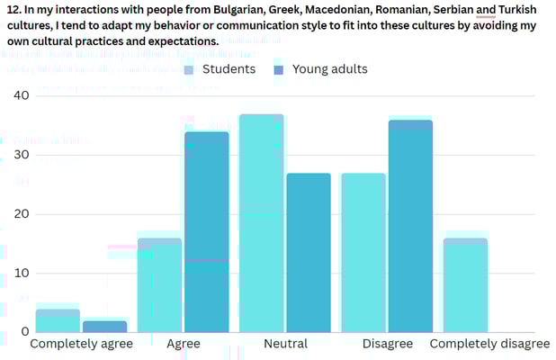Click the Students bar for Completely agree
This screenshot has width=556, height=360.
point(58,321)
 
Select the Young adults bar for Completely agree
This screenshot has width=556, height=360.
point(104,327)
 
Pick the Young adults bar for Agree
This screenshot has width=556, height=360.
point(207,232)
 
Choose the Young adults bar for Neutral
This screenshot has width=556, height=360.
point(309,253)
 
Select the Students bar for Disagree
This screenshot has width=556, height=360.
point(363,253)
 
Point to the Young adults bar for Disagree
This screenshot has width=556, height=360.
point(410,227)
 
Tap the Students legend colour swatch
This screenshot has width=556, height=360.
point(189,70)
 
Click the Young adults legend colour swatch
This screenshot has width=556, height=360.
point(278,70)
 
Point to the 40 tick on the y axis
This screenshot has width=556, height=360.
point(21,95)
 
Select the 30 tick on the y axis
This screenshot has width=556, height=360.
point(21,155)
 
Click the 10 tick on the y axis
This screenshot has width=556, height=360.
point(21,273)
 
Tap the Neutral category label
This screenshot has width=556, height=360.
point(285,344)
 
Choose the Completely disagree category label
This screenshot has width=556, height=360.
point(489,344)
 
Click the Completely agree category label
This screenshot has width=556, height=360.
point(81,344)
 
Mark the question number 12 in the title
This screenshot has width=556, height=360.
point(13,9)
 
